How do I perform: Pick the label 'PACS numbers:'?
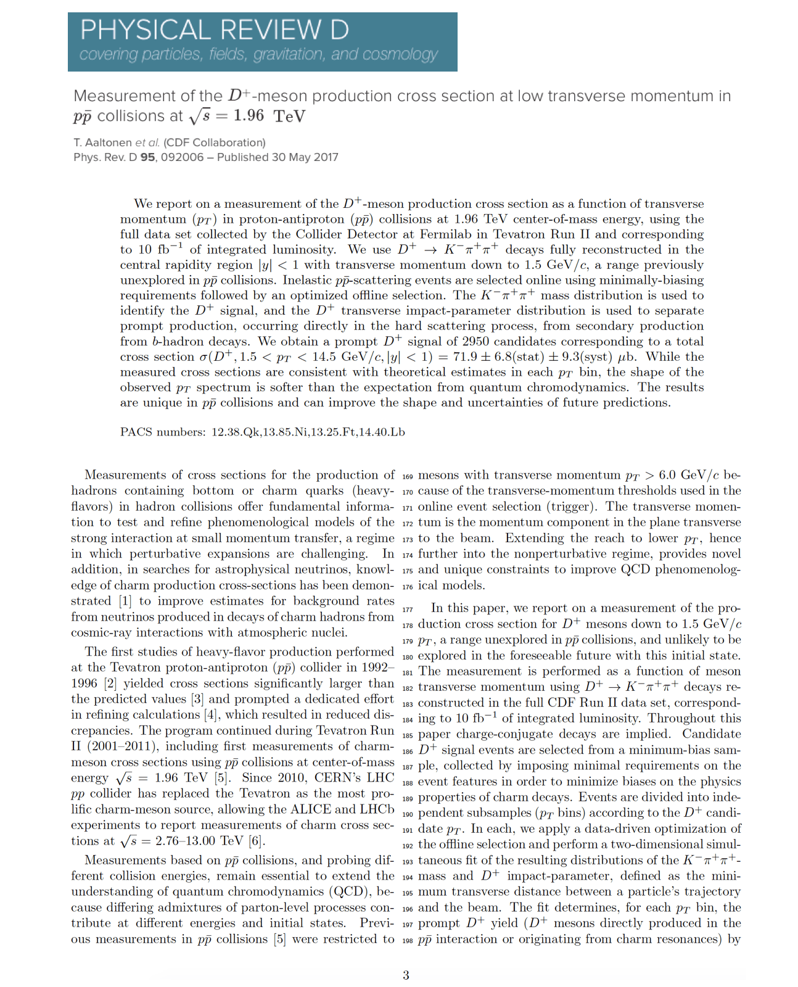click(x=163, y=432)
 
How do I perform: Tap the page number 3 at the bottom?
click(x=406, y=975)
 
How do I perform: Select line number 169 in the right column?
click(x=407, y=477)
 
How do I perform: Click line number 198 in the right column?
click(x=407, y=941)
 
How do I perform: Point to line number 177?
click(x=407, y=610)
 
